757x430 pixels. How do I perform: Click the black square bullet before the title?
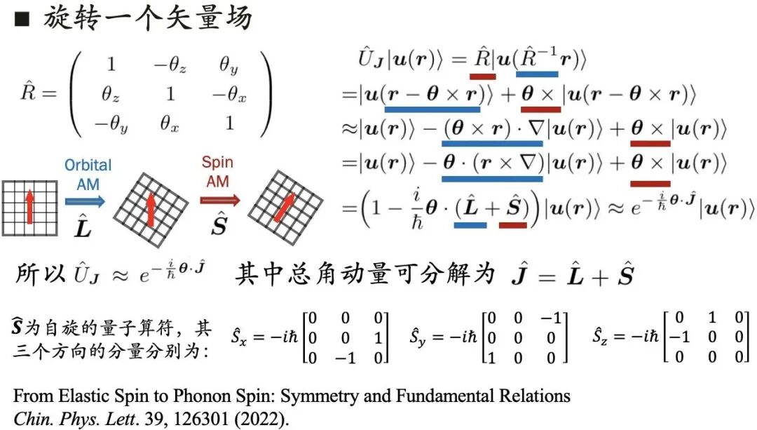pyautogui.click(x=22, y=20)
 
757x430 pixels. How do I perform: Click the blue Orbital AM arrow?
pyautogui.click(x=85, y=201)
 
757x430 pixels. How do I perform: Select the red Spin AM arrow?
pyautogui.click(x=219, y=200)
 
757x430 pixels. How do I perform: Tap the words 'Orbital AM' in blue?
pyautogui.click(x=88, y=175)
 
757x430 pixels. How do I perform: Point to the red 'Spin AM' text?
pyautogui.click(x=217, y=172)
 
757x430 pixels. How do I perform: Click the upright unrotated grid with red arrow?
pyautogui.click(x=30, y=208)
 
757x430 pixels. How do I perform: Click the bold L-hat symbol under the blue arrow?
pyautogui.click(x=83, y=226)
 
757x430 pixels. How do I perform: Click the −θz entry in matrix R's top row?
pyautogui.click(x=170, y=65)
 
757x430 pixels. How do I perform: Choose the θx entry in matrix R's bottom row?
pyautogui.click(x=170, y=124)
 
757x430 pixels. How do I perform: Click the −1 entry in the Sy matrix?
pyautogui.click(x=550, y=318)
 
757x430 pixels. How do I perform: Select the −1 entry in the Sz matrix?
pyautogui.click(x=678, y=337)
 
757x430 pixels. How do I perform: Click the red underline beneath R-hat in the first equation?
pyautogui.click(x=483, y=76)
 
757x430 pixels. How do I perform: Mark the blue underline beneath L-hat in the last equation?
pyautogui.click(x=471, y=225)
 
